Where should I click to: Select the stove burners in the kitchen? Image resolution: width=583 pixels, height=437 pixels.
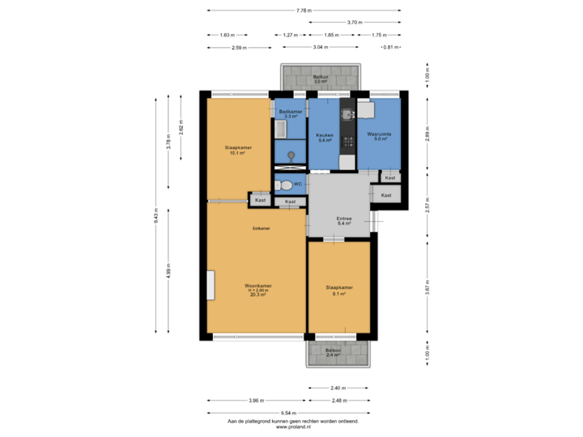(347, 142)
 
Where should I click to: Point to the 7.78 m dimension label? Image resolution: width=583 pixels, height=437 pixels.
(303, 11)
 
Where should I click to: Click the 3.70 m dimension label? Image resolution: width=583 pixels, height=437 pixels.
(354, 23)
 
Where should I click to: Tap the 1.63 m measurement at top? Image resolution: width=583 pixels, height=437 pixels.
(227, 35)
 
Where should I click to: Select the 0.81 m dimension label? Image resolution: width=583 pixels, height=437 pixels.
(391, 48)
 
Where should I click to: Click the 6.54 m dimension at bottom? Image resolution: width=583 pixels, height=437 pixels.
(287, 413)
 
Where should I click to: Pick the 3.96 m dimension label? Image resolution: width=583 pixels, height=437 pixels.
(256, 401)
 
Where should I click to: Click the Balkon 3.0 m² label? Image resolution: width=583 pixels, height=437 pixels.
(321, 78)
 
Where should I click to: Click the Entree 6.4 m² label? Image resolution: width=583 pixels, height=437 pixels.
(343, 221)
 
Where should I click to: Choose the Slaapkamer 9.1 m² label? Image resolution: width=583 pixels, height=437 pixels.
(338, 290)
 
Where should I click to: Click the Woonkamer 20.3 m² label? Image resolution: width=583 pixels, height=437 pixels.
(258, 290)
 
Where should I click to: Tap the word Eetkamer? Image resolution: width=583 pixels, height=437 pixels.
(261, 229)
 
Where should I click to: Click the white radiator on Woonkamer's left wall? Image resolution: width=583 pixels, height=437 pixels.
(210, 286)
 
